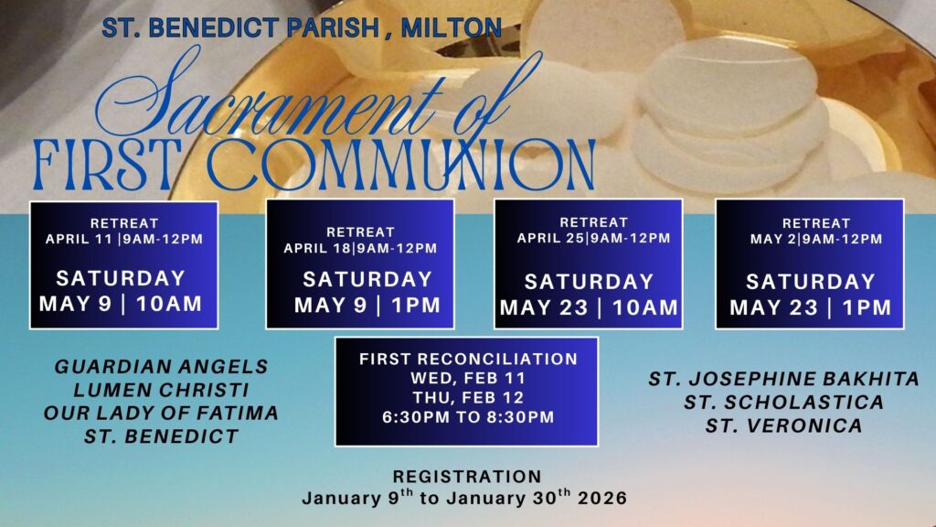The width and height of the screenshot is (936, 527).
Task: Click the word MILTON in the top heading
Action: click(451, 28)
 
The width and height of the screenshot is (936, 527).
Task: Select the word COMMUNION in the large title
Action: click(401, 166)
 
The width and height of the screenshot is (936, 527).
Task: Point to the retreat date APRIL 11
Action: click(81, 239)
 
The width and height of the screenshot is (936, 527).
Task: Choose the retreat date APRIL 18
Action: click(318, 248)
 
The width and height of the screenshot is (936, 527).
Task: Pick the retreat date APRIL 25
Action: click(551, 238)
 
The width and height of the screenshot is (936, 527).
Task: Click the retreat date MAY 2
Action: click(774, 239)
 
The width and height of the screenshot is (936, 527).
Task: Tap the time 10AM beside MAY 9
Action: click(169, 304)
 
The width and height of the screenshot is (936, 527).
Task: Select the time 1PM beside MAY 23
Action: click(867, 307)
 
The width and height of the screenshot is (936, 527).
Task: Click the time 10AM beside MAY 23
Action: click(645, 307)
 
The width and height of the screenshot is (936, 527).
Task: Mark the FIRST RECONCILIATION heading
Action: click(469, 359)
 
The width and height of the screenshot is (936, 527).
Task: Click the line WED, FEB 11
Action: click(468, 378)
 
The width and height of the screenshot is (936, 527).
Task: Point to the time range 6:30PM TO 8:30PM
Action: click(469, 416)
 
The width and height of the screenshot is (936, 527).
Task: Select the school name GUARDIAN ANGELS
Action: click(161, 366)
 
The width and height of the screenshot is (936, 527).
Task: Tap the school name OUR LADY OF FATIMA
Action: click(161, 413)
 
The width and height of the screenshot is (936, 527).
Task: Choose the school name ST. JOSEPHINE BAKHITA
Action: click(783, 379)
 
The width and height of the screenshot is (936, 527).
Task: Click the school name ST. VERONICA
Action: click(783, 425)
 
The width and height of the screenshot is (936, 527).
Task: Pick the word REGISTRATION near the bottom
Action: click(467, 476)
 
